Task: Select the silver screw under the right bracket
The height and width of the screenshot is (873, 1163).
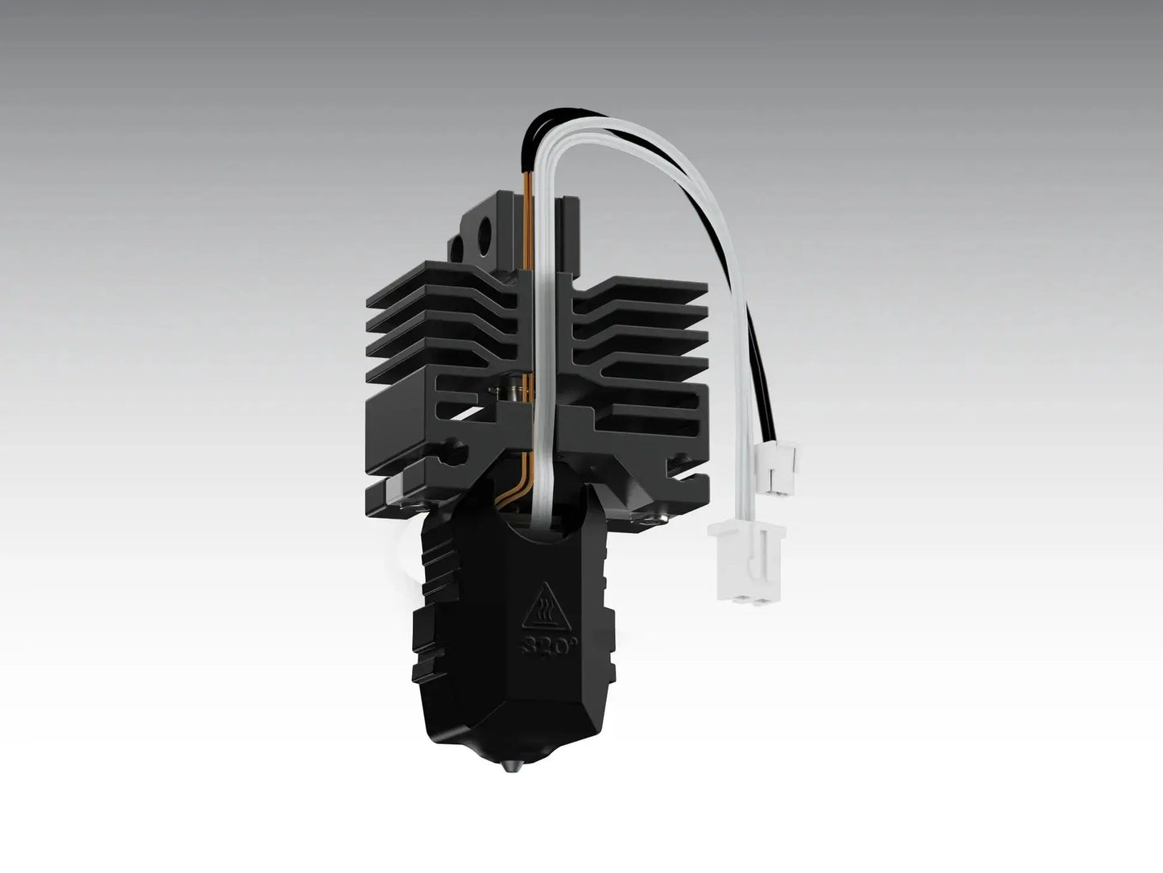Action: coord(648,515)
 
